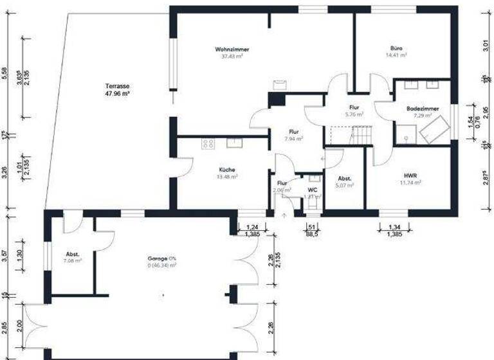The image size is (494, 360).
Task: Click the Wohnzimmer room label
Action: [232, 50]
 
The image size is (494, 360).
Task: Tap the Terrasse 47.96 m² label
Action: [118, 86]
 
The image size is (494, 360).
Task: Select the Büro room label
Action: [396, 49]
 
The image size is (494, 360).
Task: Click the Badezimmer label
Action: [423, 109]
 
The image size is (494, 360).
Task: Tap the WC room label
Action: [312, 190]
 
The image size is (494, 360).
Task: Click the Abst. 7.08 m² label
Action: [73, 254]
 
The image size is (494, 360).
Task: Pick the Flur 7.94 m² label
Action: [294, 131]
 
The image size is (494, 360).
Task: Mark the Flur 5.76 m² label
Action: [354, 107]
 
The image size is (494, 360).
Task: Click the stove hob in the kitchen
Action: [208, 144]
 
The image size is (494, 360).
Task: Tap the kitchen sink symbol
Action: [234, 143]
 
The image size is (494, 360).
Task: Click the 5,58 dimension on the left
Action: [5, 75]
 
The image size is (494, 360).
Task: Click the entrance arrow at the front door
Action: [284, 215]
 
